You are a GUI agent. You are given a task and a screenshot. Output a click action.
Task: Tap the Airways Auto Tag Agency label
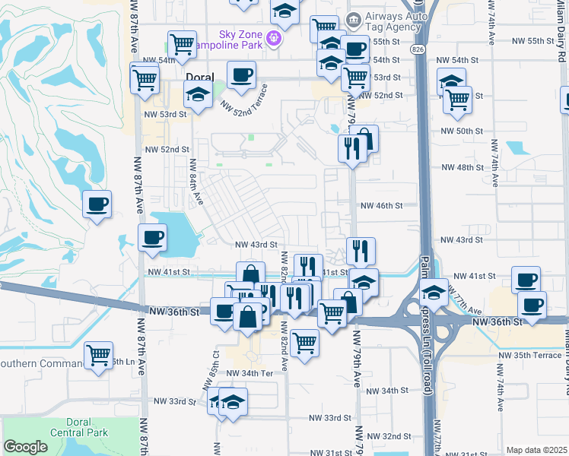[x=393, y=21]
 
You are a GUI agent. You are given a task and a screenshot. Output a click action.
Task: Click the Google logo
[x=25, y=447]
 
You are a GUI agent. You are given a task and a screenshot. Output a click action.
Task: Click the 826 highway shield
[x=420, y=49]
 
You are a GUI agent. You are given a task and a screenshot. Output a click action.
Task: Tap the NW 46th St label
[x=380, y=206]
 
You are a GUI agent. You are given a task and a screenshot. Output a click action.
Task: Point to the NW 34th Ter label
[x=250, y=373]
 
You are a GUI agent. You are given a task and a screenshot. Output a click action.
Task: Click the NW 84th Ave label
[x=196, y=182]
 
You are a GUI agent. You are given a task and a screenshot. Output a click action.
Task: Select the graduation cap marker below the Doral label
[x=199, y=97]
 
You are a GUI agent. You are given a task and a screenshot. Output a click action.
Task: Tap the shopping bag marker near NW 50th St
[x=364, y=140]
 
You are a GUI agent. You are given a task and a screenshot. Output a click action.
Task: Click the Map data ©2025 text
[x=536, y=450]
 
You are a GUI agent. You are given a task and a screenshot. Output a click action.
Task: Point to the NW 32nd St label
[x=388, y=437]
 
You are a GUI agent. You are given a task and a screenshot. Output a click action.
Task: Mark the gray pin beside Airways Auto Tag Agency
[x=353, y=20]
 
